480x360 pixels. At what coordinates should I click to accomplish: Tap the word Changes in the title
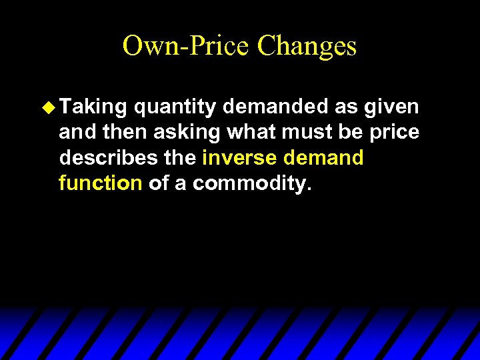[307, 46]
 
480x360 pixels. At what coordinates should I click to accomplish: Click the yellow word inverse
[242, 158]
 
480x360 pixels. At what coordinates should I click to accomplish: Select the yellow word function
[101, 183]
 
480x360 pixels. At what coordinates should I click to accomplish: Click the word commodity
[252, 183]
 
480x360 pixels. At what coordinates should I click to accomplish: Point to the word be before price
[349, 132]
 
